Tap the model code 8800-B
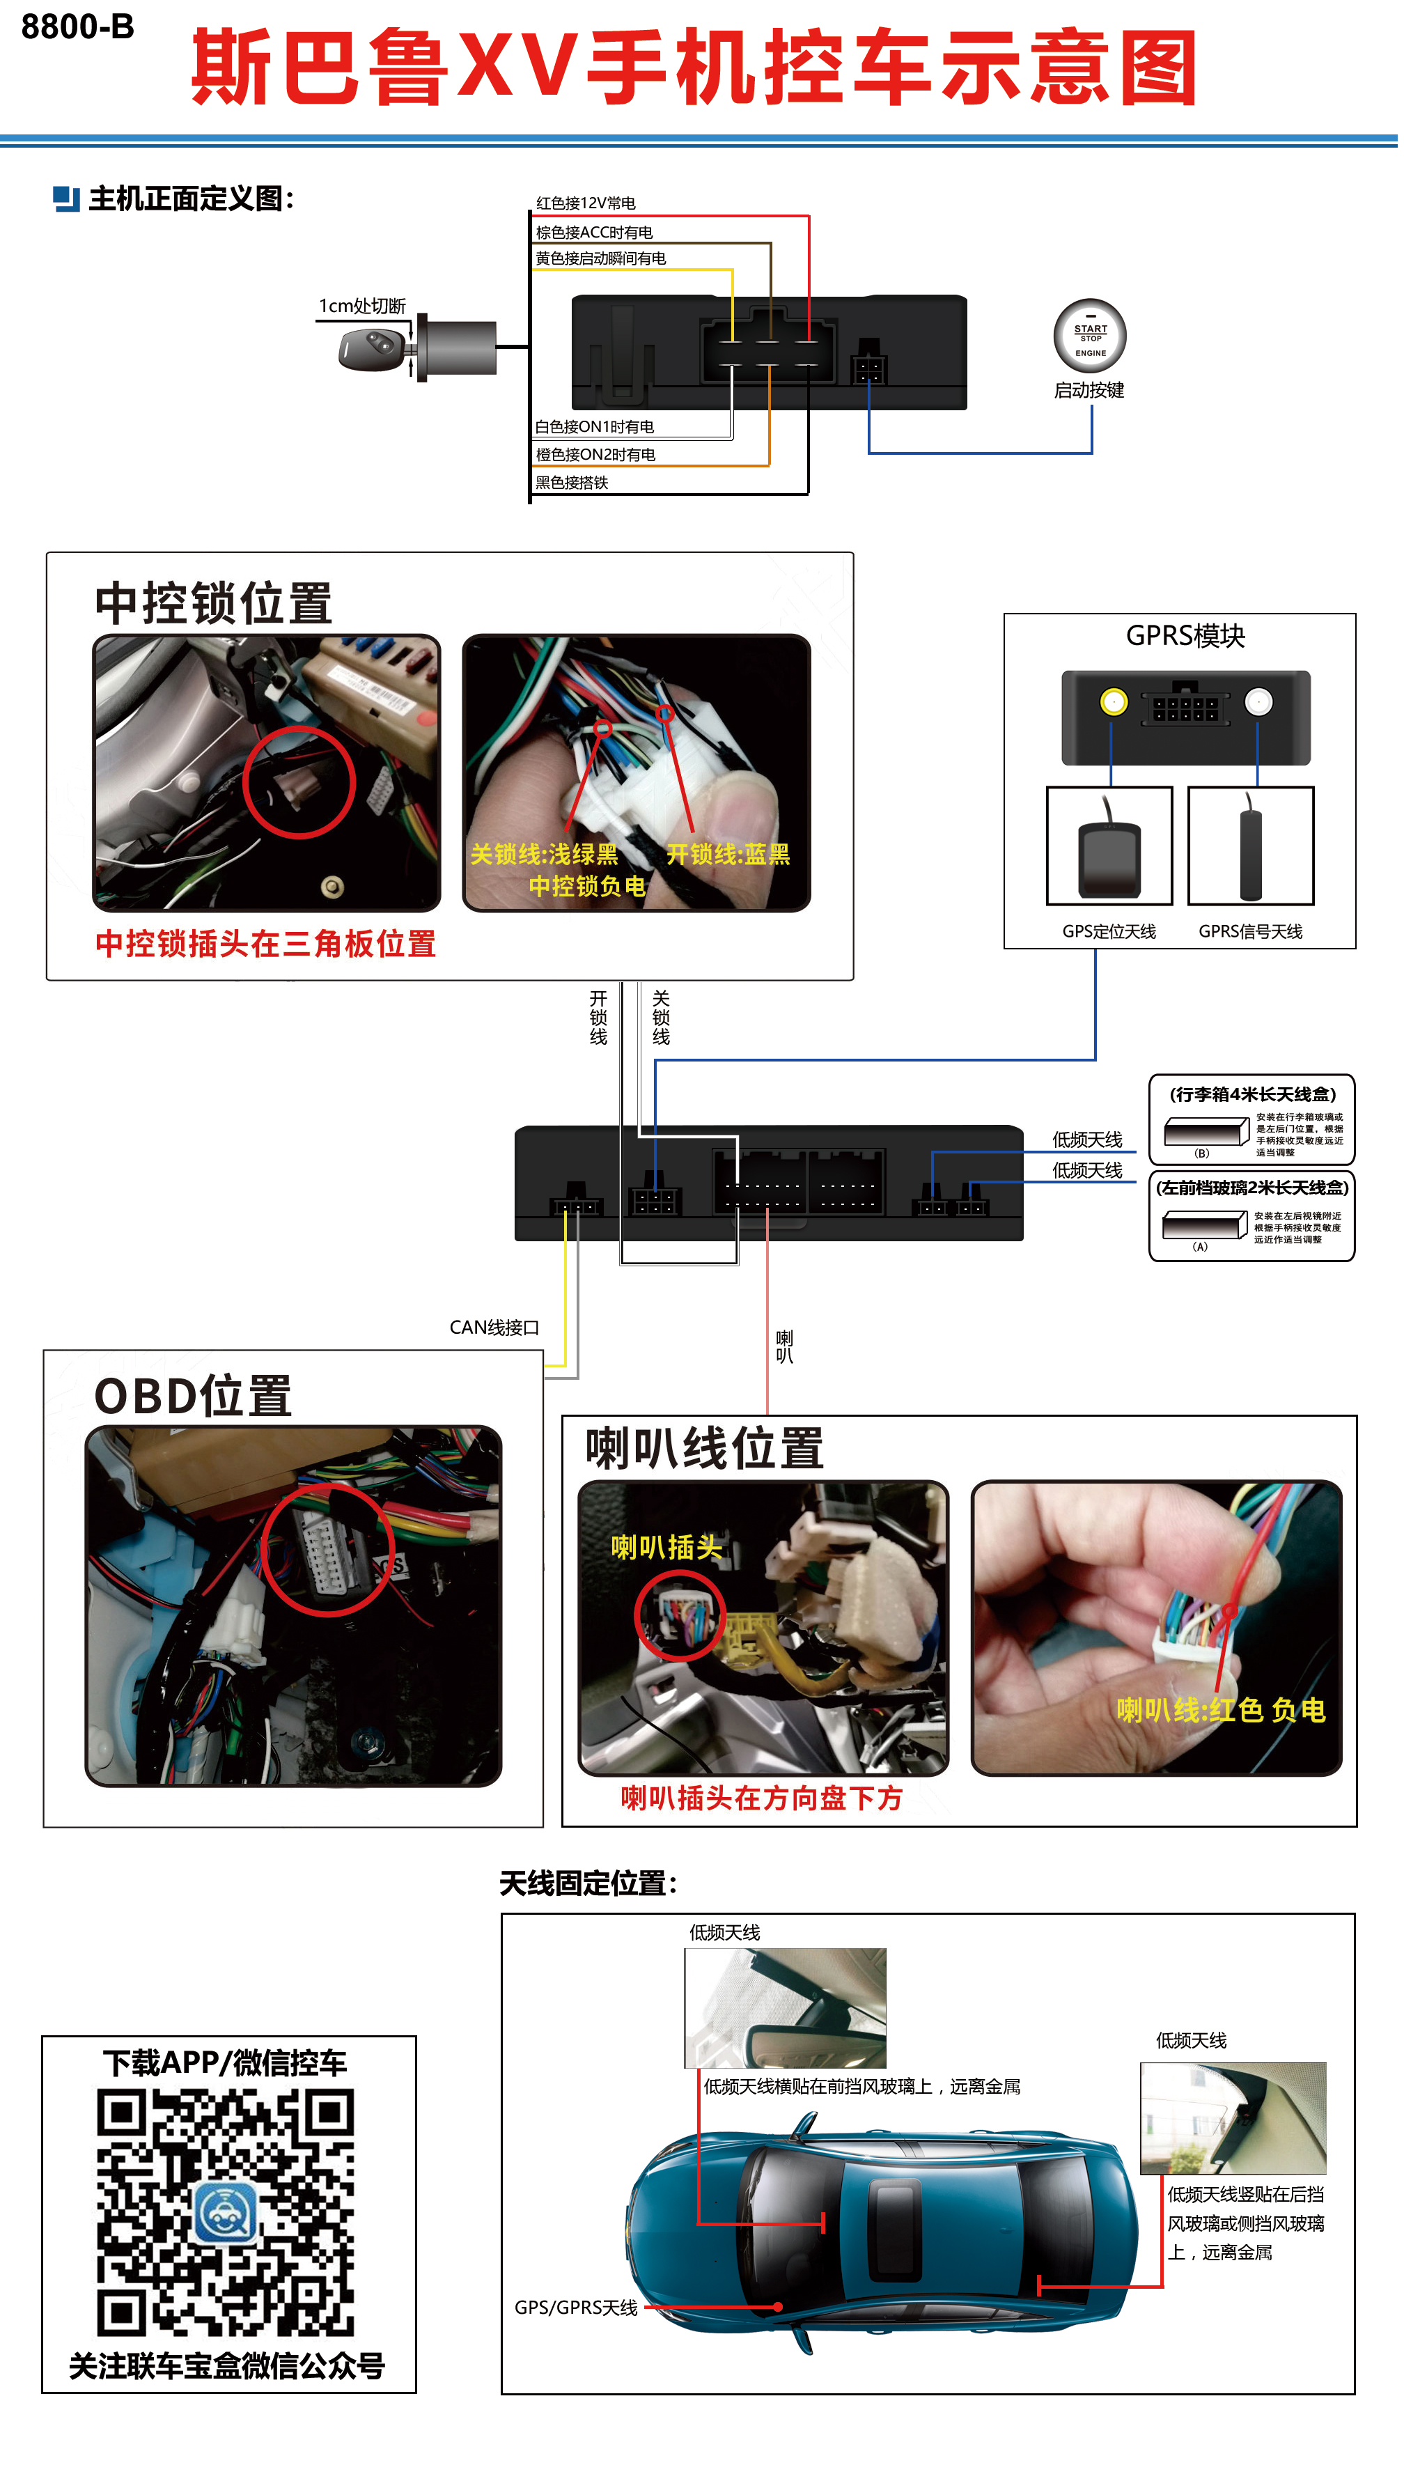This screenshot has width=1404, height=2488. [77, 27]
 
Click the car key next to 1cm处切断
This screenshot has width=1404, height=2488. [370, 348]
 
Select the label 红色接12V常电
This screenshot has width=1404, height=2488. [585, 203]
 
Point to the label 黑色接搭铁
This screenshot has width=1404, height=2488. [572, 483]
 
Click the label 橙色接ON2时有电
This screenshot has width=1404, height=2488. [595, 455]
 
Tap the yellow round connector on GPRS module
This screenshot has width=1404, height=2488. [1114, 702]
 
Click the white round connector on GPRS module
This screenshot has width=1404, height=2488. [1257, 702]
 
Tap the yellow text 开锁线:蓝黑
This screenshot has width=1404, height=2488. [727, 855]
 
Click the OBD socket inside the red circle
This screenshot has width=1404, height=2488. [325, 1550]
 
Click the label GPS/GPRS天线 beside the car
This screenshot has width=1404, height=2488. [575, 2308]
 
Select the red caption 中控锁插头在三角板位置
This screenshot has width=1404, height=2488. [265, 944]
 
